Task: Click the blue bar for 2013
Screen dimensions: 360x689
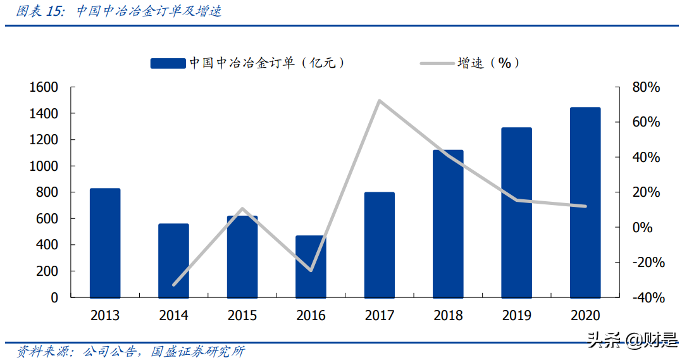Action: (x=105, y=243)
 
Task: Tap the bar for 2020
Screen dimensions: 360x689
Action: (x=585, y=202)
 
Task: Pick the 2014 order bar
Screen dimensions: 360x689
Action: (x=173, y=261)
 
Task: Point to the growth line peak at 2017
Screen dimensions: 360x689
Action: (x=378, y=101)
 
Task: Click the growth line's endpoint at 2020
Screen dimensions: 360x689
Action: (x=585, y=206)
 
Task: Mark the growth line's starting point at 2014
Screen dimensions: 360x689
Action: (x=173, y=285)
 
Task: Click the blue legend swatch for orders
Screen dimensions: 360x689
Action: (x=168, y=63)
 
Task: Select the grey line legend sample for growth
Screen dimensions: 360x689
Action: (x=437, y=63)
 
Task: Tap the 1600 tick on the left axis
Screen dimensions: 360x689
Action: (x=44, y=87)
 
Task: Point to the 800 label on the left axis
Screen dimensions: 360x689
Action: (x=47, y=192)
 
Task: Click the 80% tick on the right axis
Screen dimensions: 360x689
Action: (x=646, y=87)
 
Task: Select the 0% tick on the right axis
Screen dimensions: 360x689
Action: (x=642, y=227)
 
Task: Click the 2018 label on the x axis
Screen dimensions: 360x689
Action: (x=448, y=315)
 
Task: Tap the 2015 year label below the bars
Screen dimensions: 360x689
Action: (x=242, y=315)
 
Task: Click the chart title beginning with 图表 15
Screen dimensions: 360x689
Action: (x=118, y=11)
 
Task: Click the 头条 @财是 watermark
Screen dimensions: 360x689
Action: (x=632, y=341)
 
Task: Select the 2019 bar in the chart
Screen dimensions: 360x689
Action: (x=516, y=213)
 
